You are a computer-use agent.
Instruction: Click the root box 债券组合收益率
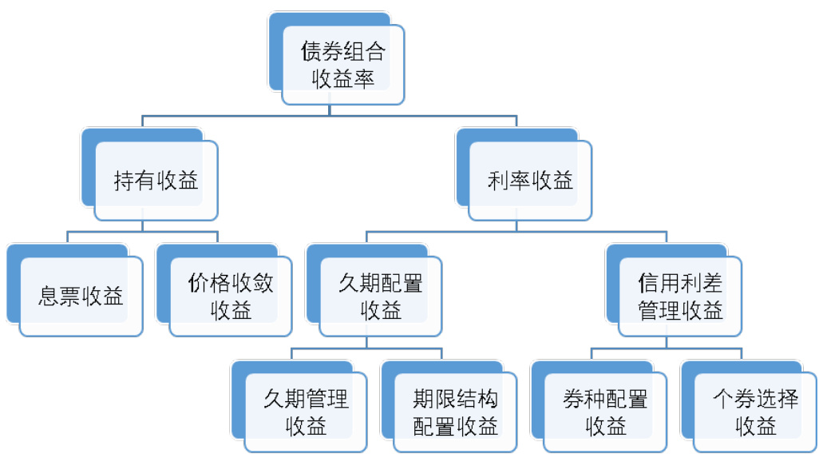pyautogui.click(x=343, y=64)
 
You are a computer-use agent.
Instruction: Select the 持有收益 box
pyautogui.click(x=156, y=181)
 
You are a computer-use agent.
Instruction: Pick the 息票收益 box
pyautogui.click(x=81, y=297)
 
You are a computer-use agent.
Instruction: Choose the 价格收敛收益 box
pyautogui.click(x=231, y=297)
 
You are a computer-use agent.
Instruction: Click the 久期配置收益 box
pyautogui.click(x=381, y=297)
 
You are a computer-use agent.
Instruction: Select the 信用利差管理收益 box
pyautogui.click(x=680, y=297)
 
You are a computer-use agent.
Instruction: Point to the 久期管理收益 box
pyautogui.click(x=306, y=412)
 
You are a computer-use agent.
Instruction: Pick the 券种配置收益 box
pyautogui.click(x=605, y=412)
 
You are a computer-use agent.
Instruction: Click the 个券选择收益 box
pyautogui.click(x=755, y=412)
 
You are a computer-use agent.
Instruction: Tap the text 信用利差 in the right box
pyautogui.click(x=680, y=284)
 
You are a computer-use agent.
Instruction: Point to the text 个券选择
pyautogui.click(x=755, y=399)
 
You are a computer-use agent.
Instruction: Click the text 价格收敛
pyautogui.click(x=231, y=284)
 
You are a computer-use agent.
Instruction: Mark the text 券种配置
pyautogui.click(x=605, y=399)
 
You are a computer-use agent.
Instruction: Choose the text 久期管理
pyautogui.click(x=306, y=399)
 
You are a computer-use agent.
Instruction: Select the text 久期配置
pyautogui.click(x=381, y=284)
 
